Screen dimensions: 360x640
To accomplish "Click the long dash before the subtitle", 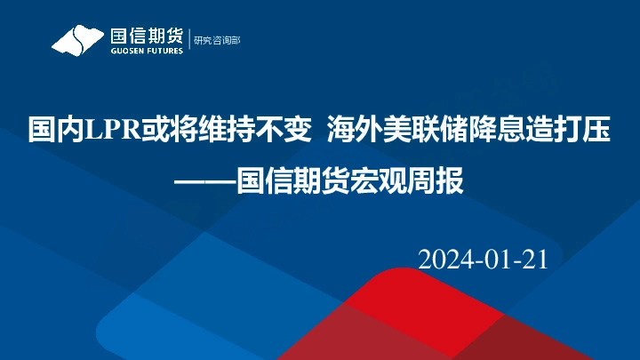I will pos(207,184).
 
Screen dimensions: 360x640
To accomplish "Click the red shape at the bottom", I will pos(391,311).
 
